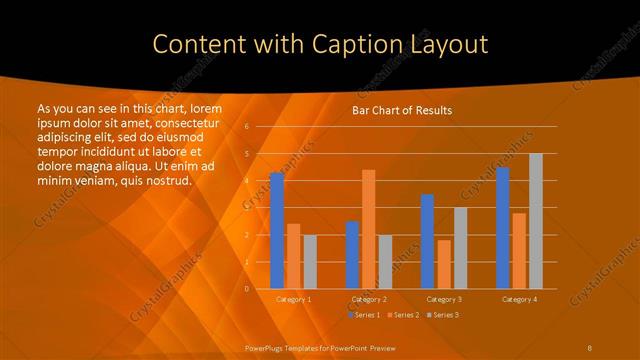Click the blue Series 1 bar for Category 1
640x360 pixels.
click(277, 231)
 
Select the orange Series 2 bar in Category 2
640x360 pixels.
click(369, 229)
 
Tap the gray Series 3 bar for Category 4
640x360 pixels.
click(536, 221)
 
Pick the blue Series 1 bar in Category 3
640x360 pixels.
click(427, 241)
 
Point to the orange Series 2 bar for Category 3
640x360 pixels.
click(444, 264)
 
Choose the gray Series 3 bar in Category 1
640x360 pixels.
click(310, 262)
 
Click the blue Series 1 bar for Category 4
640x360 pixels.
click(502, 228)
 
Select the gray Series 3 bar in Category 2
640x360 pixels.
click(385, 262)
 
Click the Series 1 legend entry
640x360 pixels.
click(365, 315)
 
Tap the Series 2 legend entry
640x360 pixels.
click(402, 315)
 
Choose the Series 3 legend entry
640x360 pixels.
click(443, 315)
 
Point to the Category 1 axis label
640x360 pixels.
click(293, 299)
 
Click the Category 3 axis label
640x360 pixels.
click(444, 299)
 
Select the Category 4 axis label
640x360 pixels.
click(519, 299)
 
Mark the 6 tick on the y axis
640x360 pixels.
click(247, 127)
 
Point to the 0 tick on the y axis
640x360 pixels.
click(247, 289)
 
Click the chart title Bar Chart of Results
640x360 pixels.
click(402, 110)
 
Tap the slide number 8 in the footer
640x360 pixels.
click(589, 347)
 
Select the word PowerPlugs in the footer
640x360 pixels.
click(264, 347)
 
